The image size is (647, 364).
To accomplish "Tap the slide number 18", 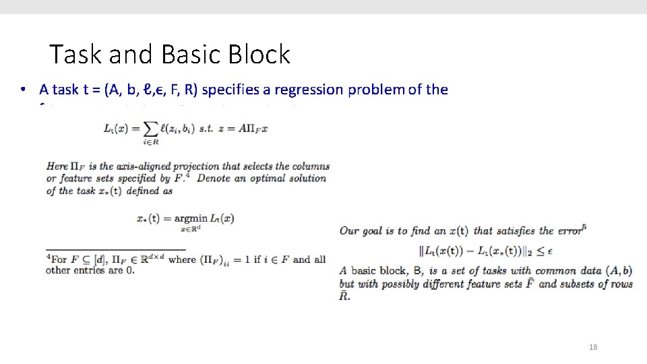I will [593, 347].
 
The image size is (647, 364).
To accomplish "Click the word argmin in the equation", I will [191, 218].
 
